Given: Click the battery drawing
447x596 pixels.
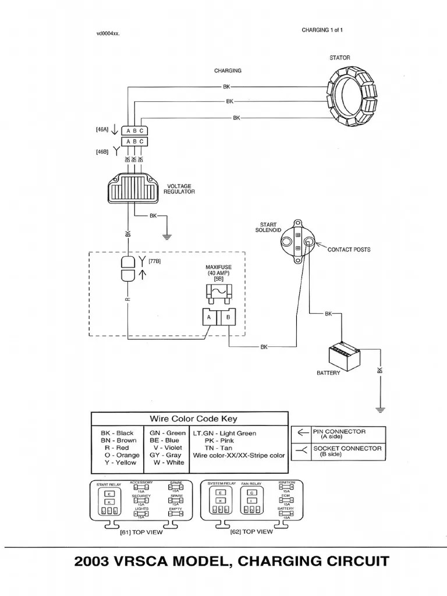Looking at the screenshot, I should pos(345,355).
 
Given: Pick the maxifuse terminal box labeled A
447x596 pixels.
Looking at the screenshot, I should pos(207,318).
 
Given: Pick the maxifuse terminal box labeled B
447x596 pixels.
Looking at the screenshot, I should pos(228,318).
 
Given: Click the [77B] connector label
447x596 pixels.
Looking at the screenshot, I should pos(155,261).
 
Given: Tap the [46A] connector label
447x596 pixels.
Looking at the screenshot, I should pos(102,130).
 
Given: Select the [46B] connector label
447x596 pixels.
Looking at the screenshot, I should pos(102,151).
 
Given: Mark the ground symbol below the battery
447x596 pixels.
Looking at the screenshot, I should pos(380,409).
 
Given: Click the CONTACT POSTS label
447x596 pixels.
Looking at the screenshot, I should pos(349,250).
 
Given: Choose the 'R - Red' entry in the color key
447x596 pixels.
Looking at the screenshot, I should pos(116,448).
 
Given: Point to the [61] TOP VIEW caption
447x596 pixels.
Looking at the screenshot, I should pos(141,531).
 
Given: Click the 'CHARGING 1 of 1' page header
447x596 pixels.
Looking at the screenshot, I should pos(322,30).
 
